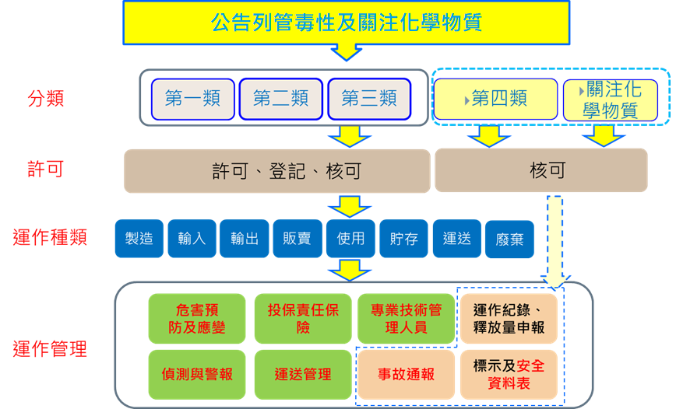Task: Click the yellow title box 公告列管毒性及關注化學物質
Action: point(346,23)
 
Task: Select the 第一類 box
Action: point(192,99)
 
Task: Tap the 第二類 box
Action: point(280,99)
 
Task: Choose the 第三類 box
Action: point(369,99)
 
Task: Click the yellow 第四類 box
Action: point(495,99)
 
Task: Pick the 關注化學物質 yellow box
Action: point(610,100)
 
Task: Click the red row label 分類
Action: point(46,99)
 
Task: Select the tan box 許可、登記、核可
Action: point(276,171)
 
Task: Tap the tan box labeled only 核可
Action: point(540,171)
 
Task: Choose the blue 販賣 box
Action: point(298,239)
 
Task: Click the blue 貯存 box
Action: point(403,239)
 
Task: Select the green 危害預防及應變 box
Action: point(196,319)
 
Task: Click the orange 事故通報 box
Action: point(406,375)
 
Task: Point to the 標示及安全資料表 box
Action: point(509,375)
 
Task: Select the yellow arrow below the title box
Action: point(346,52)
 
